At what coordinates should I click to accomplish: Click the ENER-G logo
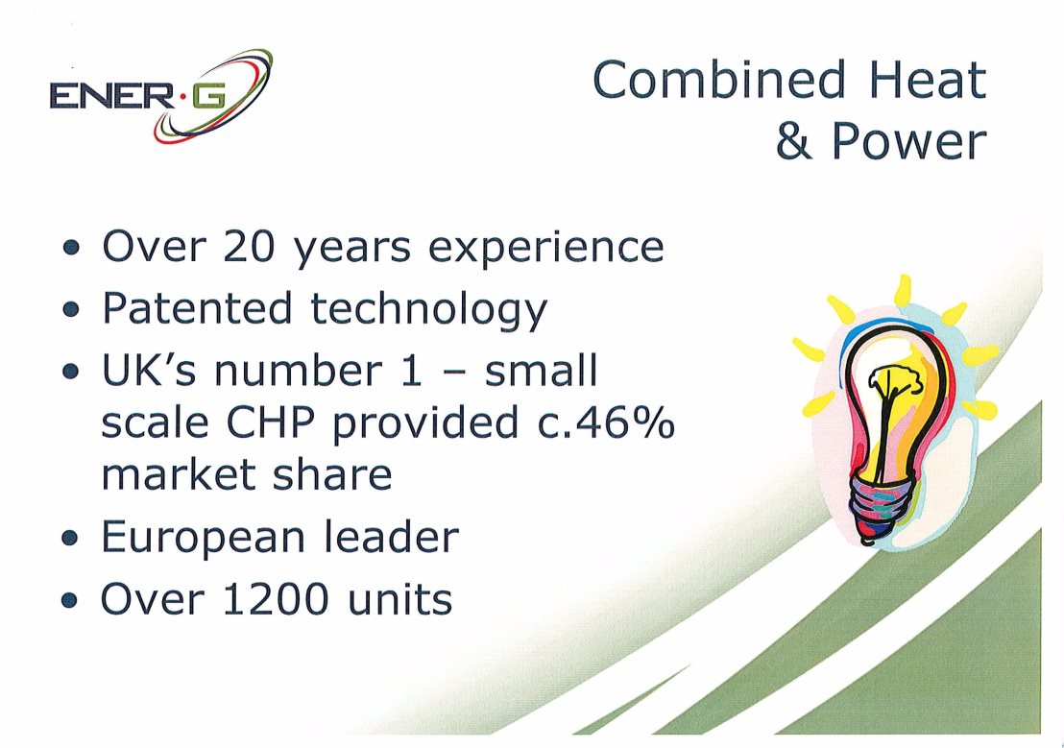pos(160,96)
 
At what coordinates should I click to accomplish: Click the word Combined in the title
pos(719,80)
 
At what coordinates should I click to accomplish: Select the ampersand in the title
pos(794,140)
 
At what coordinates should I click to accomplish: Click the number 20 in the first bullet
pos(249,246)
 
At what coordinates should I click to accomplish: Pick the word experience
pos(545,250)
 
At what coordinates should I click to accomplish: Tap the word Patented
pos(197,308)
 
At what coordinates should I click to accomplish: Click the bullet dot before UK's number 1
pos(70,372)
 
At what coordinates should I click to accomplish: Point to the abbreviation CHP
pos(270,422)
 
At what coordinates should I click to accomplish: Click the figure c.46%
pos(605,422)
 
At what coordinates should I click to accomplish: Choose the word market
pos(178,473)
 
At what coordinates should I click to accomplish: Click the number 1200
pos(276,600)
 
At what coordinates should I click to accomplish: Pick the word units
pos(399,600)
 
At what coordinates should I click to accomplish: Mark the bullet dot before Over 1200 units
pos(70,601)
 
